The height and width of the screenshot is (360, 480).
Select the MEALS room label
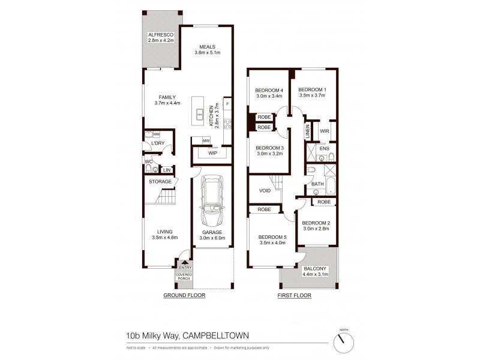(205, 47)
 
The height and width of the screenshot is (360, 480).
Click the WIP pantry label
(212, 153)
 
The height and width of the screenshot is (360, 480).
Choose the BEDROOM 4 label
(269, 91)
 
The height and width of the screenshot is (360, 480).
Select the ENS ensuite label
(324, 148)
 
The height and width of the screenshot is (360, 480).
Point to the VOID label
(265, 191)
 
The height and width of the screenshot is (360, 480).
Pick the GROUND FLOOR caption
(185, 296)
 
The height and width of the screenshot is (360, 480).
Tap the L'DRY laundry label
(158, 143)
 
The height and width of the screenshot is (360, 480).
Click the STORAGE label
(160, 181)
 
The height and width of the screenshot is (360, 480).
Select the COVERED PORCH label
(184, 277)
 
